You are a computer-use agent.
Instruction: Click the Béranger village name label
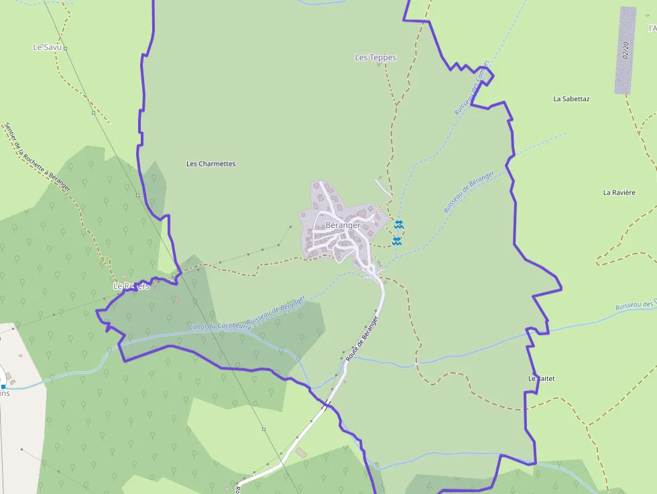343,225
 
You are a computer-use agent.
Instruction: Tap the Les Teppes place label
375,58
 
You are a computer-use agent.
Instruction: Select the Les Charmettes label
211,164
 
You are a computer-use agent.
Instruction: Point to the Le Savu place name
46,48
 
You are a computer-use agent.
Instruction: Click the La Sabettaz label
571,99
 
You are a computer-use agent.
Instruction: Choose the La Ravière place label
619,192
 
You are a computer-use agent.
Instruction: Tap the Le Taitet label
542,379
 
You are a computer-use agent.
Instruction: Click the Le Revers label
131,286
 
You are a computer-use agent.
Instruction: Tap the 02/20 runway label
625,50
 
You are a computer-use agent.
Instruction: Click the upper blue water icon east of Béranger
399,223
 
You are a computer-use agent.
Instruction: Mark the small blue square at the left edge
3,387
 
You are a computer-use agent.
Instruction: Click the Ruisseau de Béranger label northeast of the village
469,193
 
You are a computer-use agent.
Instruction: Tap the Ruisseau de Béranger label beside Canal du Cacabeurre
276,312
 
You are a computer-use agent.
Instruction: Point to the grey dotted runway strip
625,50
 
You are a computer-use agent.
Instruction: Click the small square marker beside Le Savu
65,48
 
